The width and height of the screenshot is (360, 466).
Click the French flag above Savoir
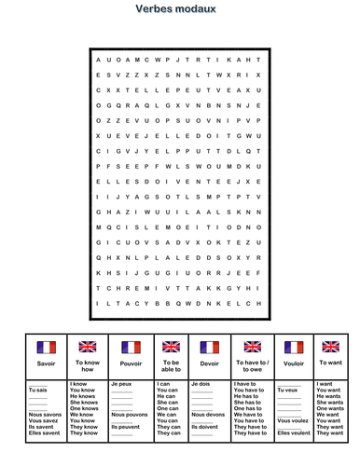(x=46, y=347)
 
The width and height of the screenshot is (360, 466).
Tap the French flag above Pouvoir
(x=131, y=347)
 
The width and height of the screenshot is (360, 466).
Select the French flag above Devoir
(x=211, y=347)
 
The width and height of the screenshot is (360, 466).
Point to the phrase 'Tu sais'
(x=37, y=389)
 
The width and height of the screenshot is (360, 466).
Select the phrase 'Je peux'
(x=122, y=383)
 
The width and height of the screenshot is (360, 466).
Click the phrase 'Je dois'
(x=202, y=383)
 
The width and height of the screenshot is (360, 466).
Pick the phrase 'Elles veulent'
(x=294, y=432)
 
